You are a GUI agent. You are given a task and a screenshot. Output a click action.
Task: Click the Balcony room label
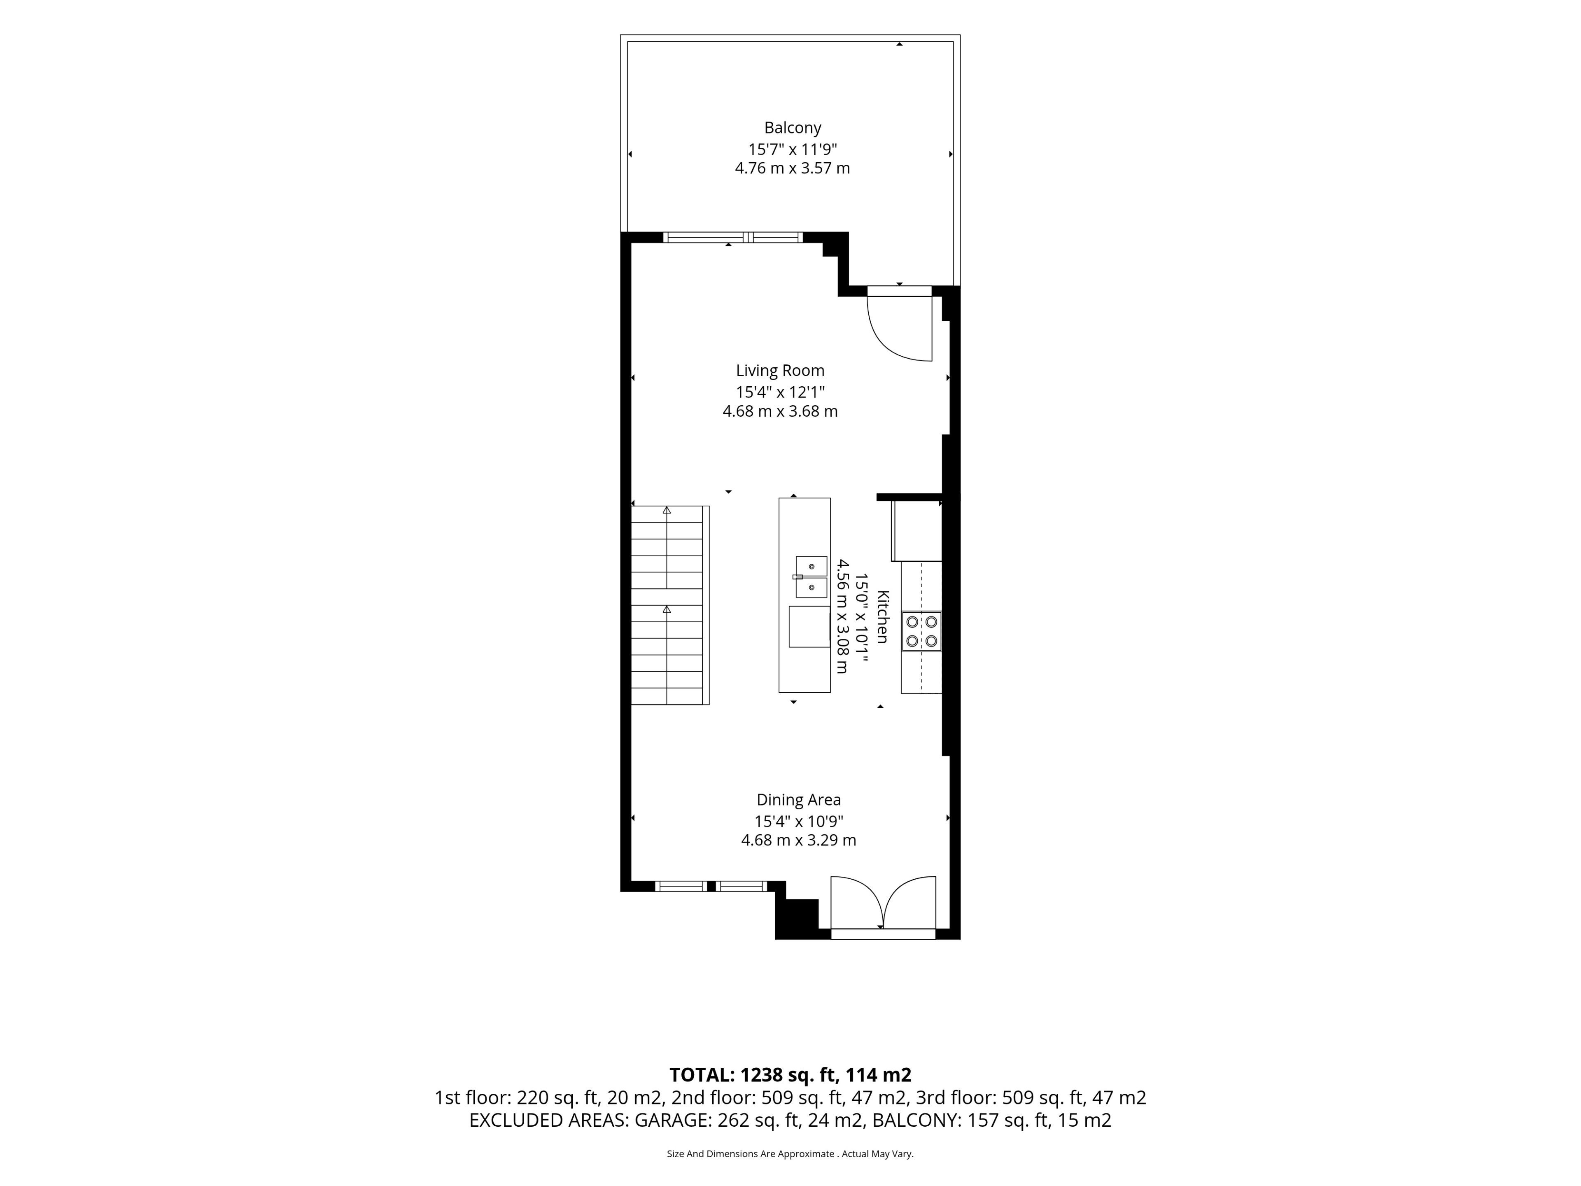pyautogui.click(x=793, y=128)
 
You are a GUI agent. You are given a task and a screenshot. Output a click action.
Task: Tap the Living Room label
pyautogui.click(x=780, y=370)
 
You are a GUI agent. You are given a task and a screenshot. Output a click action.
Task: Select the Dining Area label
pyautogui.click(x=798, y=800)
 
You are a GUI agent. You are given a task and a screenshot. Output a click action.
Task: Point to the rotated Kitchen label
pyautogui.click(x=883, y=616)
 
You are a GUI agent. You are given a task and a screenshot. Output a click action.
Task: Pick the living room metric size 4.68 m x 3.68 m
pyautogui.click(x=780, y=411)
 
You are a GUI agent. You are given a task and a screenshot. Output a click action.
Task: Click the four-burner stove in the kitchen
pyautogui.click(x=921, y=631)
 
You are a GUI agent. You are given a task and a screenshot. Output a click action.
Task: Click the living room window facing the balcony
pyautogui.click(x=732, y=237)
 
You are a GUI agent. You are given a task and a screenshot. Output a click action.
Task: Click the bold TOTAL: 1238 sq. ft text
pyautogui.click(x=790, y=1074)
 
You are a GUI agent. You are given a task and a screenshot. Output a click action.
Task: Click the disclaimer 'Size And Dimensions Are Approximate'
pyautogui.click(x=751, y=1154)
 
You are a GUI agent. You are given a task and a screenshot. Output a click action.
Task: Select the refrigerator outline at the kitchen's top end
pyautogui.click(x=917, y=530)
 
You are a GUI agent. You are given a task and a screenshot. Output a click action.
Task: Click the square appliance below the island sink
pyautogui.click(x=809, y=626)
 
